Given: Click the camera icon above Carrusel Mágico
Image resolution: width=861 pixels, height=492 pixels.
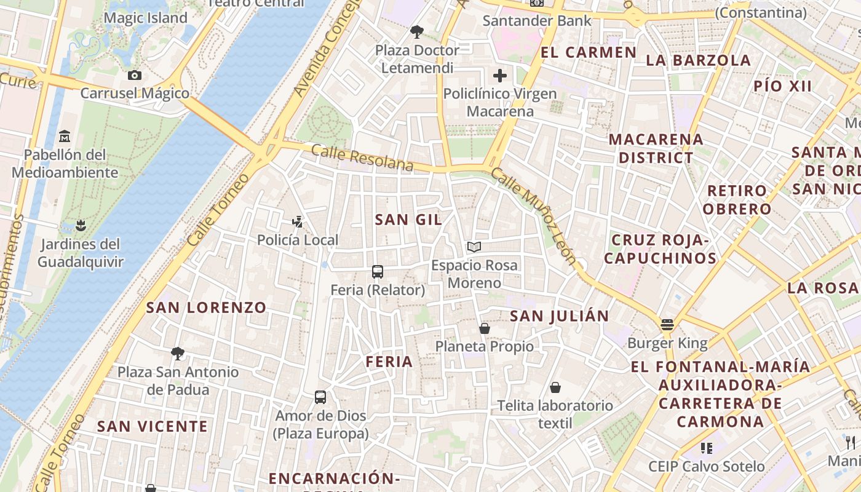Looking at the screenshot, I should click(x=135, y=75).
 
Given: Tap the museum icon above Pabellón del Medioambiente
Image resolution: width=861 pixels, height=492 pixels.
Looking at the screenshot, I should click(x=65, y=135).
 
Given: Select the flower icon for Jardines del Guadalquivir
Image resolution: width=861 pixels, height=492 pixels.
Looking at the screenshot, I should click(x=81, y=225).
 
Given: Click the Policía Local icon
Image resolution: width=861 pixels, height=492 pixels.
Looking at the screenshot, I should click(x=298, y=221).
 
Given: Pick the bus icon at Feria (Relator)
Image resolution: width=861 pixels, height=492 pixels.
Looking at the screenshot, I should click(x=378, y=271).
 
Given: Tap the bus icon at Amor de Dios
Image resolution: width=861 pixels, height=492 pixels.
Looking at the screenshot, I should click(x=320, y=397).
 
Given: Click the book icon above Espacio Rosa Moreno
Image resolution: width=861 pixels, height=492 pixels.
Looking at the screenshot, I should click(x=474, y=247).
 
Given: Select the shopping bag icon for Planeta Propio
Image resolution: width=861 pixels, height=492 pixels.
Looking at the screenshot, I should click(x=485, y=328).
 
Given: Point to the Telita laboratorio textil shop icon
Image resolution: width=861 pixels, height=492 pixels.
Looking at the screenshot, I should click(x=555, y=387).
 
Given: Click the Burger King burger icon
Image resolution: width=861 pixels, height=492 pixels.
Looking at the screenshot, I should click(x=667, y=324).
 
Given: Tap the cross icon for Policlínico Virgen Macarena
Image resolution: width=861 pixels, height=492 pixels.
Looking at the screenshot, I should click(x=500, y=76).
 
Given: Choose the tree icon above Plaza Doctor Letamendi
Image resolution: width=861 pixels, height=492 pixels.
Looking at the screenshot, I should click(x=417, y=31).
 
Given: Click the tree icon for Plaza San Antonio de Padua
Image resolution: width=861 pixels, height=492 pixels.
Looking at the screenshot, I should click(x=178, y=353).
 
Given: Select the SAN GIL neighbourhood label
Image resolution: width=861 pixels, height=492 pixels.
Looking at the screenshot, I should click(x=408, y=220).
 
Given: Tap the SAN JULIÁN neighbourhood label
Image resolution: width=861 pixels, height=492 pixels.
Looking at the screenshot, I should click(x=560, y=316).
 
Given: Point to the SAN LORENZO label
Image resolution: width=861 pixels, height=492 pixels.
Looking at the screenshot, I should click(x=206, y=307).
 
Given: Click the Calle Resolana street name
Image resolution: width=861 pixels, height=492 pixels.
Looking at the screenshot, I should click(x=362, y=157).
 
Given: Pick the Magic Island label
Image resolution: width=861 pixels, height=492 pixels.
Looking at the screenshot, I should click(x=145, y=18).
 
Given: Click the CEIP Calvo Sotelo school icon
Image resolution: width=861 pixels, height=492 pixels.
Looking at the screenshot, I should click(x=706, y=448).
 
